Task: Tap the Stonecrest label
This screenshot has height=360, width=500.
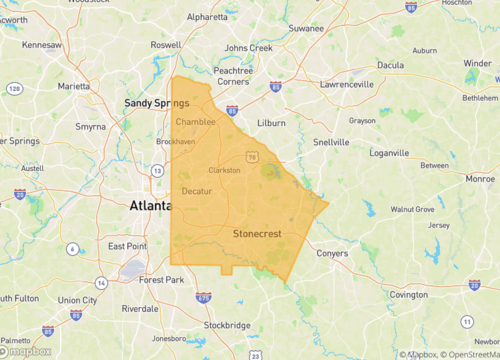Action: point(258,233)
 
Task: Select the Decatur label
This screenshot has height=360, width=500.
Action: point(198,190)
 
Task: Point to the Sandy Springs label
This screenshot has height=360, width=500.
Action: point(157,103)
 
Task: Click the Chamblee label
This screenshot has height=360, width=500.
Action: point(195,122)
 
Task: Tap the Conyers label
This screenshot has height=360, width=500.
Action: point(331,252)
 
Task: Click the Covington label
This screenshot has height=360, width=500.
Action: point(408,295)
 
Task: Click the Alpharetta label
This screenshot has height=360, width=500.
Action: point(207,17)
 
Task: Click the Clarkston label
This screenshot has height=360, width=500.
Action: point(224,171)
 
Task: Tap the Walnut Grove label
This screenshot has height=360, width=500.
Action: point(412,209)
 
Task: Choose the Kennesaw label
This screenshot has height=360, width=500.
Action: point(43,45)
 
